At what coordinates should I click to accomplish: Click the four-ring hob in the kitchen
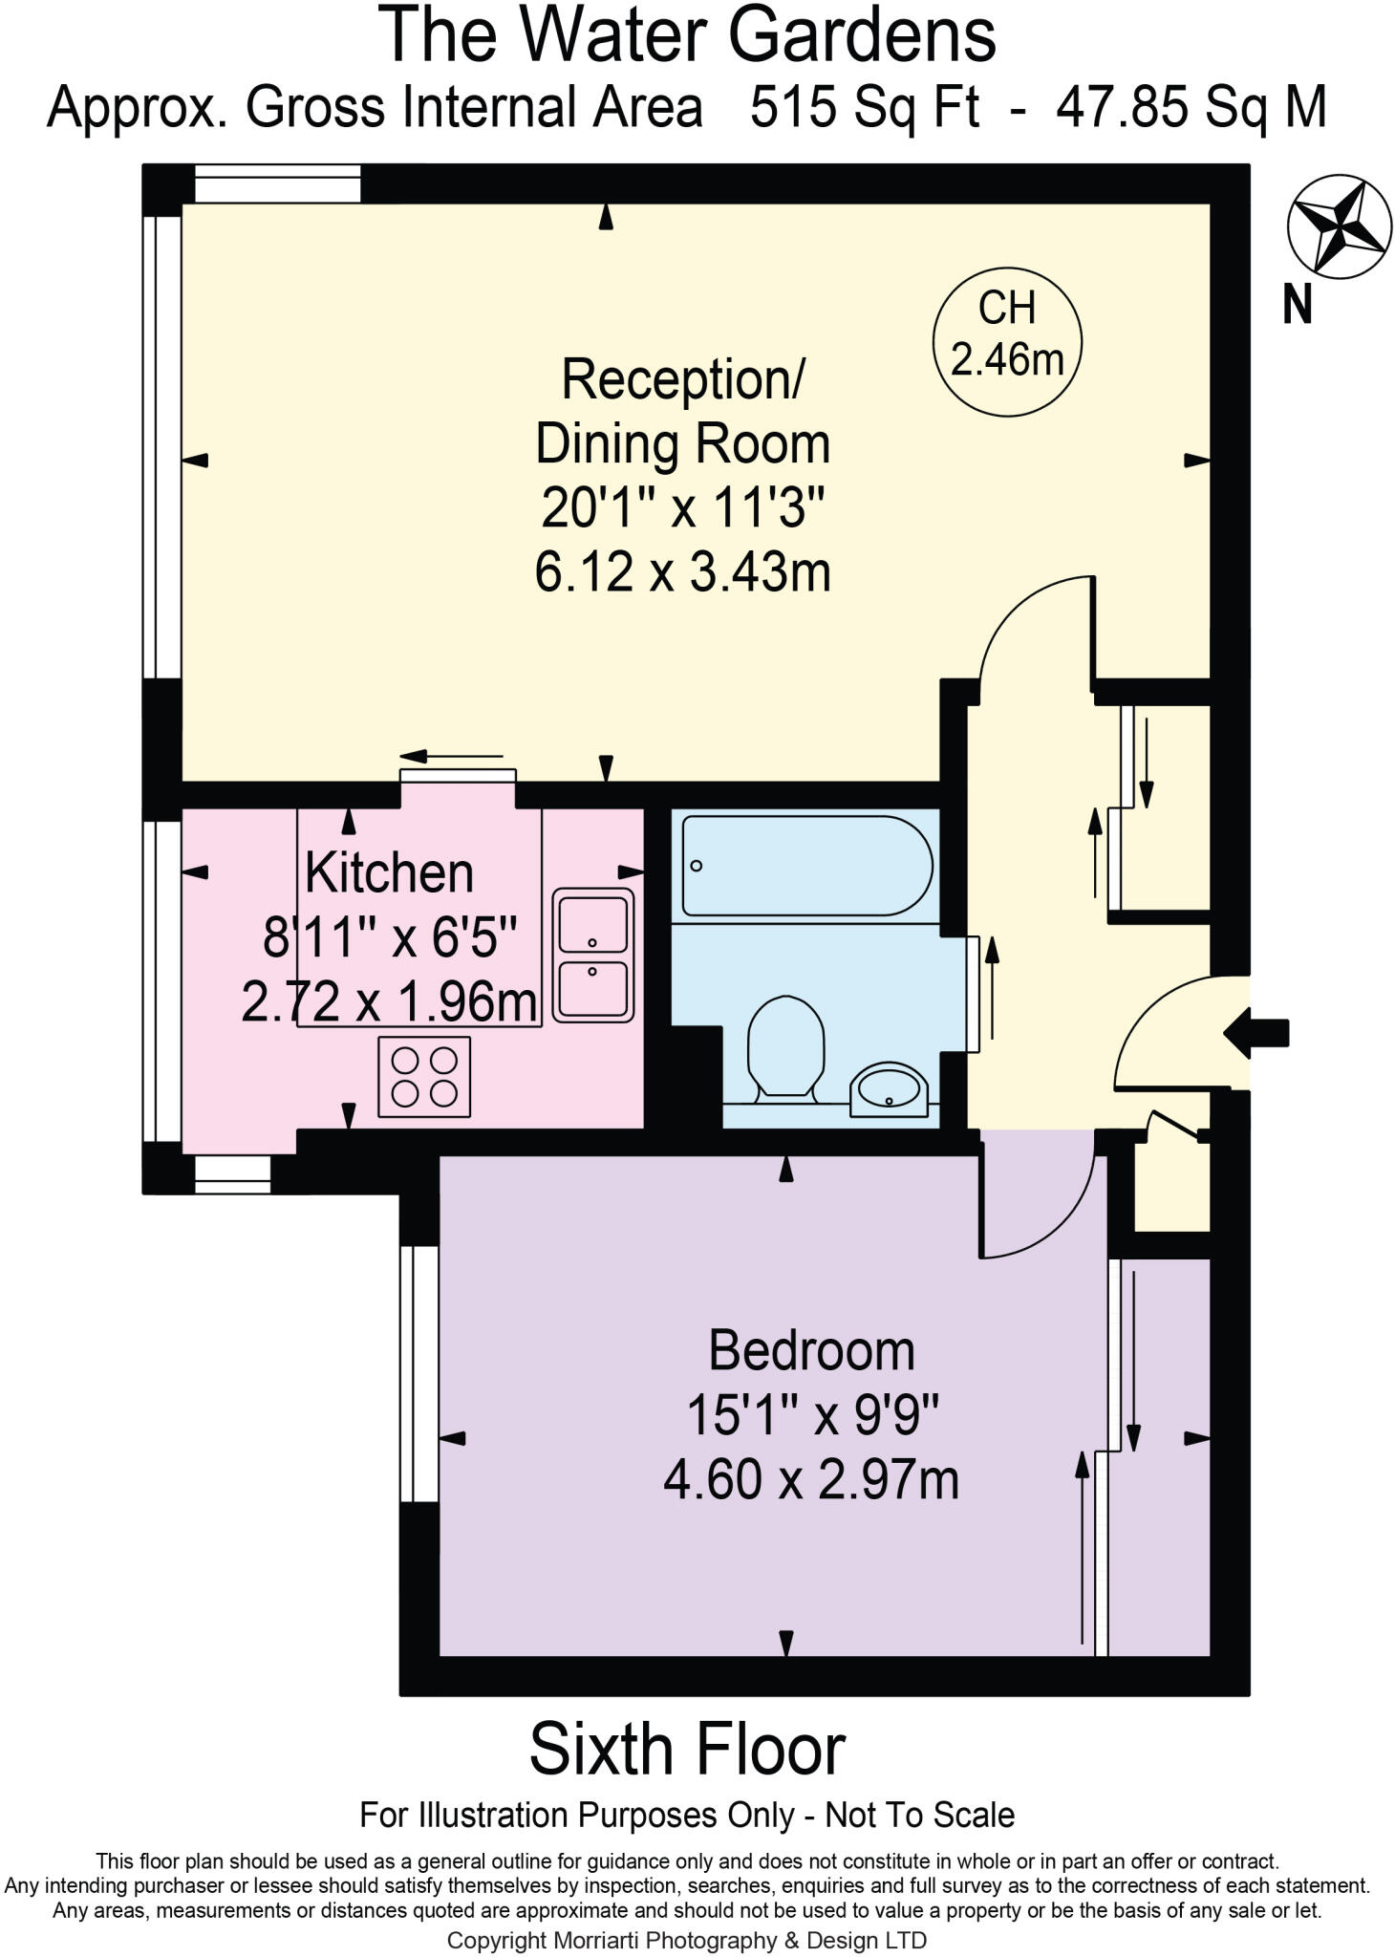point(424,1077)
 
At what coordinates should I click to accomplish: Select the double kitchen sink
point(593,956)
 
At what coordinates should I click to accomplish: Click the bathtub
point(805,865)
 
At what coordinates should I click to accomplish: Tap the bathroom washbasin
point(889,1088)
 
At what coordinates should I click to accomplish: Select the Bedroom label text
point(811,1351)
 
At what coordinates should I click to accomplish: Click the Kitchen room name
point(389,873)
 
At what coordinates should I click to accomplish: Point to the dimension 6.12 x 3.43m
point(682,572)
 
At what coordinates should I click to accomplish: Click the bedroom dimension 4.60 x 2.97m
point(811,1479)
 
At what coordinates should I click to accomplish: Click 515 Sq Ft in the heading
point(864,107)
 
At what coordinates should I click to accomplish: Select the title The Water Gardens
point(687,35)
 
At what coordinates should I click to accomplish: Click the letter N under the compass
point(1297,306)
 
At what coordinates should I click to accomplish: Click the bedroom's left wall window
point(419,1373)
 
